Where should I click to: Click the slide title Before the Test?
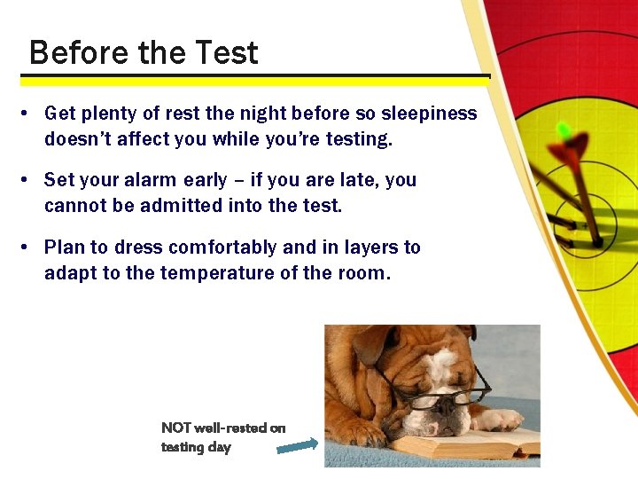point(144,53)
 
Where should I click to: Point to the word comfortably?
point(222,247)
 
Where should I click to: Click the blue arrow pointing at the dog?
point(297,446)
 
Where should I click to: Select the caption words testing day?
point(196,447)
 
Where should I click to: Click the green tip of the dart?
point(564,131)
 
